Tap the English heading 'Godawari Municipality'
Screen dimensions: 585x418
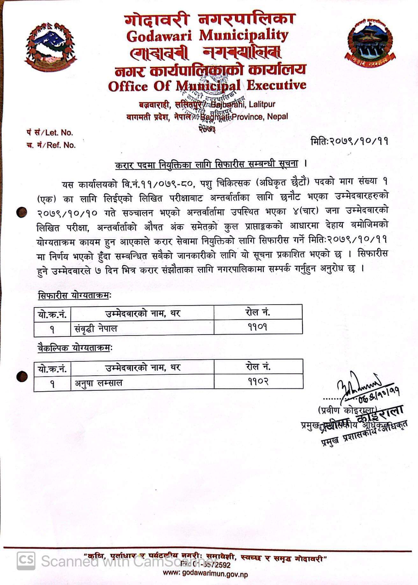click(207, 36)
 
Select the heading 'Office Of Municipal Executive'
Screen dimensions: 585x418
click(207, 85)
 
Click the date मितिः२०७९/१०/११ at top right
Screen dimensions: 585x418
click(349, 141)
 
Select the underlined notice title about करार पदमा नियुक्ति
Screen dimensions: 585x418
click(206, 164)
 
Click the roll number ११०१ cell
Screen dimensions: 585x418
click(258, 327)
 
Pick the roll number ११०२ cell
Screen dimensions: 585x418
click(258, 382)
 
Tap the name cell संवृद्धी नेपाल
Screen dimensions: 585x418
click(96, 328)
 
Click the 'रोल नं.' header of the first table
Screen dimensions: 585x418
click(258, 312)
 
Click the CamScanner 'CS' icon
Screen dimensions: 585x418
click(26, 560)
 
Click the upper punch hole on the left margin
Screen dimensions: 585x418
click(22, 212)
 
